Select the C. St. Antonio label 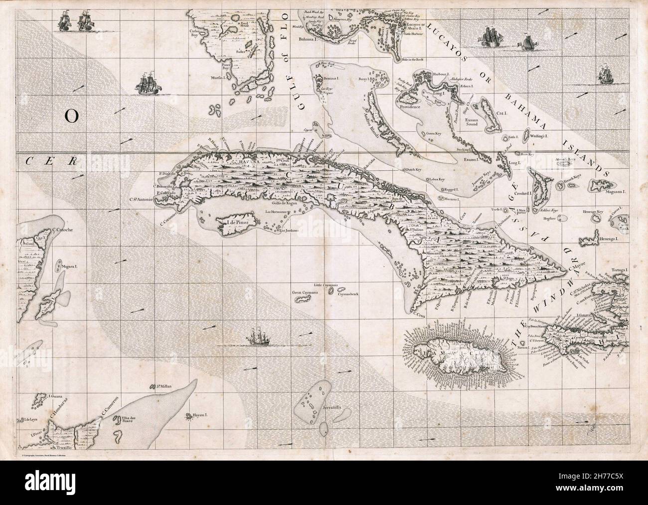[x=142, y=201]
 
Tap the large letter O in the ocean [x=71, y=116]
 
